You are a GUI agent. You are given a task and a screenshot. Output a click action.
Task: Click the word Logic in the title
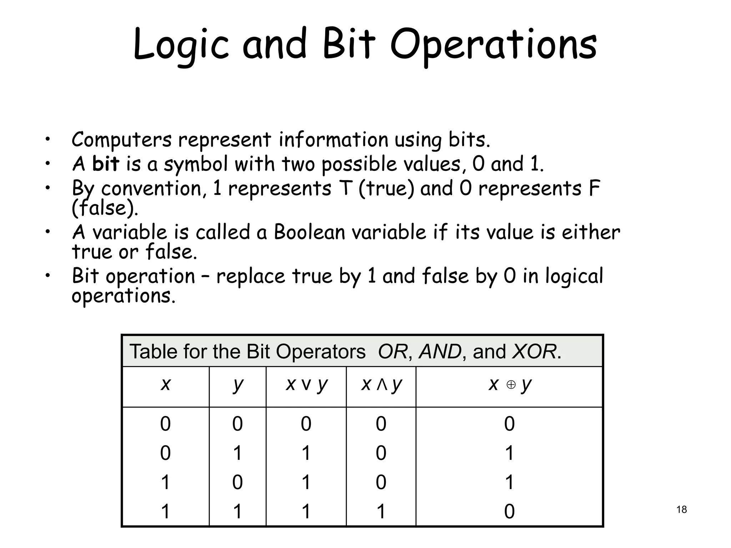coord(181,45)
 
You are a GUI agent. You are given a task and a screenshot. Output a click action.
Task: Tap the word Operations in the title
coord(493,45)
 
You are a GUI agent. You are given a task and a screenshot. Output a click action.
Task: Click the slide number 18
coord(681,509)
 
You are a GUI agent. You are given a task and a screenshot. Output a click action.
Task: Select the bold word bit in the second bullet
coord(105,164)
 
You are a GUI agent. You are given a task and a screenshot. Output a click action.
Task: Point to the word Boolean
coord(309,232)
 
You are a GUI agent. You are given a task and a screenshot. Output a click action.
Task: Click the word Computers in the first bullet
coord(121,140)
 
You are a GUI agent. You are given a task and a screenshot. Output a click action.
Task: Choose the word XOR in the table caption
coord(534,352)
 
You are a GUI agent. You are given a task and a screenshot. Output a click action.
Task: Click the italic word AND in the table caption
coord(440,352)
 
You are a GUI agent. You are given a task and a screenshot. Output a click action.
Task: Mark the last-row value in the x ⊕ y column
coord(509,511)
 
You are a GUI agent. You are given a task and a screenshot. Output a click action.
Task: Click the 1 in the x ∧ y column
coord(381,511)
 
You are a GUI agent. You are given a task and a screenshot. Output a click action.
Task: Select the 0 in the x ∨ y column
coord(306,424)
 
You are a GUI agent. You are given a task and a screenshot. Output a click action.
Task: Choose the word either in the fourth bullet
coord(591,232)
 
